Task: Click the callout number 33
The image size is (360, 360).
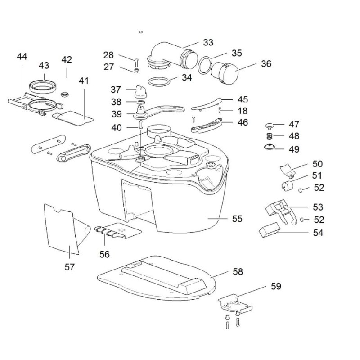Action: click(x=208, y=43)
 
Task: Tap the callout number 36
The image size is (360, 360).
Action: click(x=266, y=64)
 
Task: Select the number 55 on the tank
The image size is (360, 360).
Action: click(x=237, y=219)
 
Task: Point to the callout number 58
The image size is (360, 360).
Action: click(x=237, y=271)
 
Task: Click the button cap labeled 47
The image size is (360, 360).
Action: click(x=269, y=125)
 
